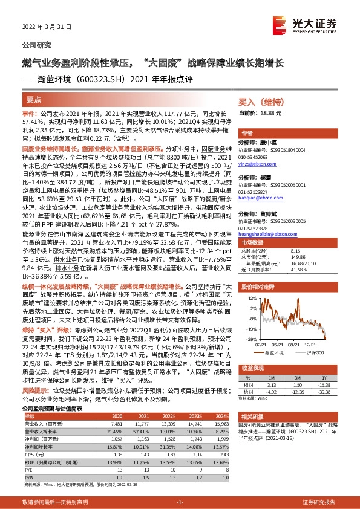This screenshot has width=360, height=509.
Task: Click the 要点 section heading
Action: pyautogui.click(x=33, y=99)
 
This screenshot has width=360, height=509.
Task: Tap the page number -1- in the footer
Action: pyautogui.click(x=180, y=502)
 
